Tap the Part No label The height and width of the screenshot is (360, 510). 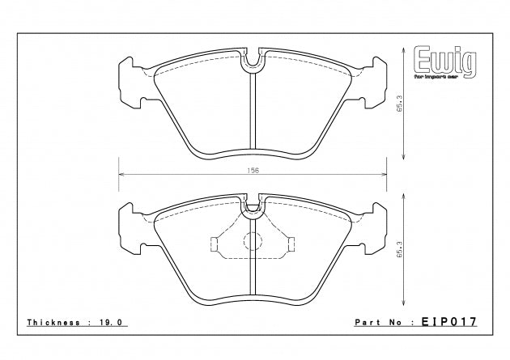(380, 322)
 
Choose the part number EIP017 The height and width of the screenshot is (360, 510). (447, 322)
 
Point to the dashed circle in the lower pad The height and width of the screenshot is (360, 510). (254, 243)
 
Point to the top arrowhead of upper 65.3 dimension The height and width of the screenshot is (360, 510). (404, 50)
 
